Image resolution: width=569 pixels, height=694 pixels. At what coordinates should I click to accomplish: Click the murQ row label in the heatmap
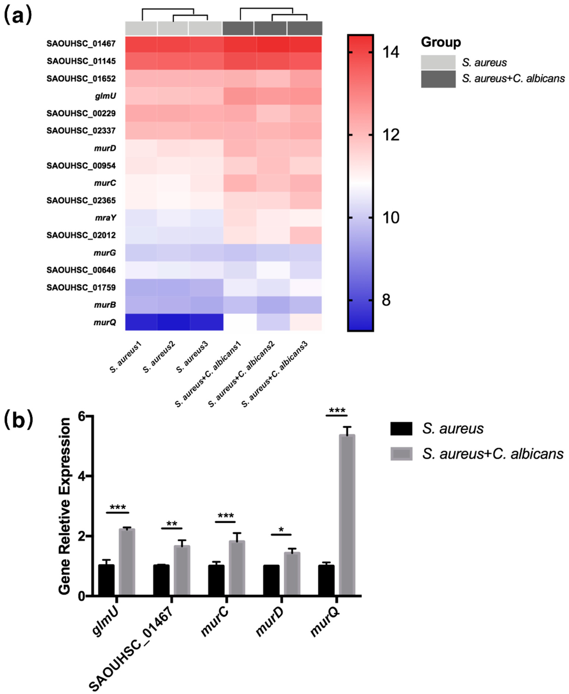105,322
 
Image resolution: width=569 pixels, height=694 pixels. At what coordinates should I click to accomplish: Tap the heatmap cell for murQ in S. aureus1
141,322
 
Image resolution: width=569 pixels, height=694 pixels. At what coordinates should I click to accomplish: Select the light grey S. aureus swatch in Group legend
438,62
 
